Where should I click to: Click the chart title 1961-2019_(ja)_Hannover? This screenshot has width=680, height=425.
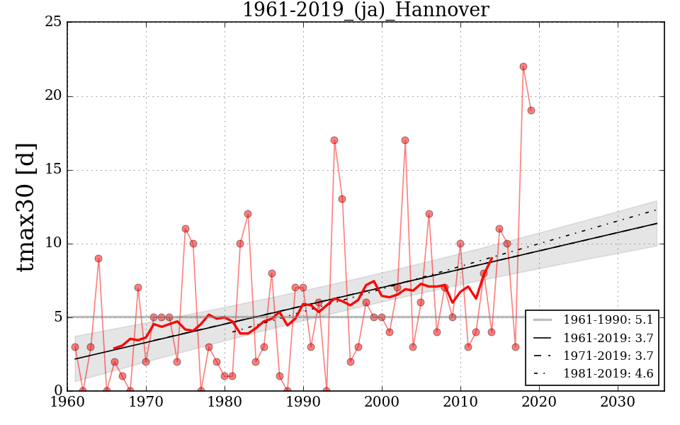tap(365, 10)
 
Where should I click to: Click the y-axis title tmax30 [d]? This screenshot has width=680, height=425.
tap(26, 206)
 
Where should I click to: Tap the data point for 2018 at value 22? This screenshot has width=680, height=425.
tap(523, 67)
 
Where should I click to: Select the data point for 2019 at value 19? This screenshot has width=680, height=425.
tap(531, 110)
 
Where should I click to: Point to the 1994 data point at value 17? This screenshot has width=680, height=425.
tap(334, 140)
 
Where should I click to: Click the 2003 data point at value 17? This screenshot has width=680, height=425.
tap(405, 140)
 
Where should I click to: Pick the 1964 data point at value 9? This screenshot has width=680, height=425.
tap(98, 259)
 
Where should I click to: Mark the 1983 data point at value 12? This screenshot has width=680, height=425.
tap(248, 214)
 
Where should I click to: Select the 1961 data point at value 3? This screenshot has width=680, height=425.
tap(75, 347)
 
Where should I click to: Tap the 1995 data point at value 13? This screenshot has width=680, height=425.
tap(342, 199)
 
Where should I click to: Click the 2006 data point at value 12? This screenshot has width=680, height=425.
tap(429, 214)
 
